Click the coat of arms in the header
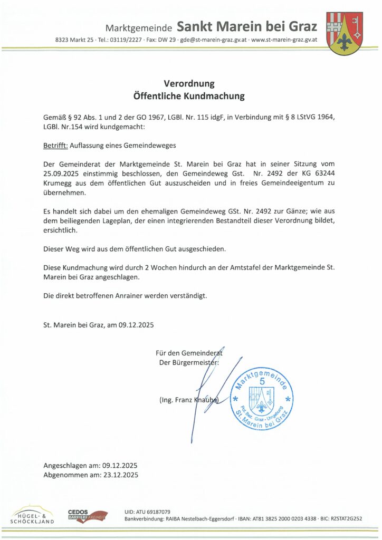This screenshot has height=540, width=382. coord(346,33)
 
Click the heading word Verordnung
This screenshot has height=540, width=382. coord(189,83)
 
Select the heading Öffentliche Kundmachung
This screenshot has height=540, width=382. coord(189,97)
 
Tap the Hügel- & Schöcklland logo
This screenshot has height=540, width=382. coord(32,516)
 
